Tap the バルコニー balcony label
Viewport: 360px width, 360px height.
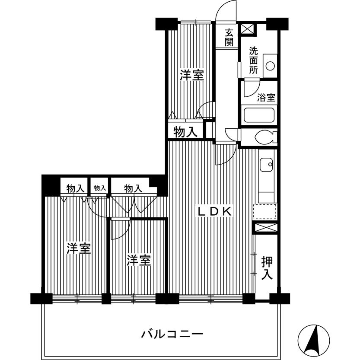pos(172,334)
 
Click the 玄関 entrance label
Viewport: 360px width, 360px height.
pos(229,37)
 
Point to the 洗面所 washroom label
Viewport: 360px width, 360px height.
pos(254,60)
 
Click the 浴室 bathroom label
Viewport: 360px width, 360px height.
pos(266,97)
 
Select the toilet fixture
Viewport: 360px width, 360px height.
pos(264,138)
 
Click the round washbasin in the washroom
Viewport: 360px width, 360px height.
pos(270,66)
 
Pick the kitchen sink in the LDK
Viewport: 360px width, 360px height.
pos(265,164)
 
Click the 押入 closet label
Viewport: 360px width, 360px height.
pos(267,268)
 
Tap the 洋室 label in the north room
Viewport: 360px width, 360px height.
pos(192,76)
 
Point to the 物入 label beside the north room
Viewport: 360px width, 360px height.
pos(185,132)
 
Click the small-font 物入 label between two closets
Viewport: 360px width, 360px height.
pos(99,188)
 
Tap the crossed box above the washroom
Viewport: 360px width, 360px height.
pos(248,29)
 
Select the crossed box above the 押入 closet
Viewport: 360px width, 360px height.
pos(265,227)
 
